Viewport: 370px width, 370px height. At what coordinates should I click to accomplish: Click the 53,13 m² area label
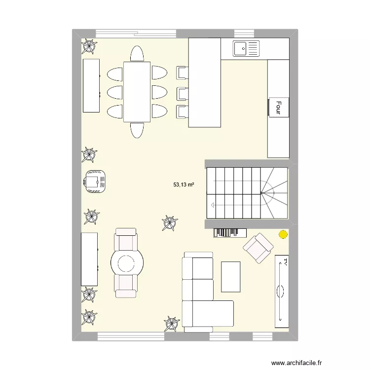(183, 185)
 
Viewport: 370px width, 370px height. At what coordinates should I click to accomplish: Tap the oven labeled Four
(278, 108)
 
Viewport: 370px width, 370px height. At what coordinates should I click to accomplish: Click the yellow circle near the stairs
(283, 235)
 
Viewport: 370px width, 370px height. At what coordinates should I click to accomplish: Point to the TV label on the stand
(284, 262)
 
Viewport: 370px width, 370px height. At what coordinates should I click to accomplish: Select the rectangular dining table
(137, 91)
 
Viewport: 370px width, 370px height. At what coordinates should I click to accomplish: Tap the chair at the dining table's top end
(137, 53)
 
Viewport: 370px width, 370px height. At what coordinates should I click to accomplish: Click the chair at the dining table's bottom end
(137, 131)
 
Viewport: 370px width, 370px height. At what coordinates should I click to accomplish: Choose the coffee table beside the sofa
(231, 277)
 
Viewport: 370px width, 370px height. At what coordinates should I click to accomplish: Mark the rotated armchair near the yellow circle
(258, 247)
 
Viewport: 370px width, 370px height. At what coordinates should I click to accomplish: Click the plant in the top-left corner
(89, 46)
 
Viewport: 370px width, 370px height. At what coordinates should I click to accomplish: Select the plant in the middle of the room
(170, 223)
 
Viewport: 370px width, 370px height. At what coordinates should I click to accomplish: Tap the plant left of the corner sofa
(172, 324)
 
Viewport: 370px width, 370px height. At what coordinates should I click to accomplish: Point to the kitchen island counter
(204, 83)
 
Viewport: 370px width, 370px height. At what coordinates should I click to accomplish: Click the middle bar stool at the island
(182, 92)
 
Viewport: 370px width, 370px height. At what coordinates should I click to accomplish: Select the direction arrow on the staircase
(213, 204)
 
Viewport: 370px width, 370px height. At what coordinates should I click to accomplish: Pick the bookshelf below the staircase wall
(230, 232)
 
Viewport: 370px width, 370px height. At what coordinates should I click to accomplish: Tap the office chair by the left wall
(95, 181)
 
